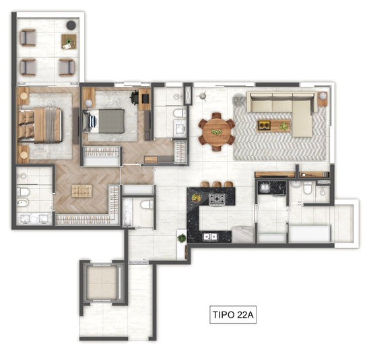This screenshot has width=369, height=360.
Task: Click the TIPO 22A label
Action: click(x=233, y=315)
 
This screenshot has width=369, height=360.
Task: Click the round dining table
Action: click(x=217, y=132)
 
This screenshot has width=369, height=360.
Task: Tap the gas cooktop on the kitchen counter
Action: click(x=217, y=199)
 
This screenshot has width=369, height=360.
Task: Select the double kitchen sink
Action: click(x=210, y=237)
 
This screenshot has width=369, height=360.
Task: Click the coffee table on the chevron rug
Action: click(x=273, y=125)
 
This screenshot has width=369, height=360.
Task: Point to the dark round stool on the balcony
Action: click(x=71, y=26)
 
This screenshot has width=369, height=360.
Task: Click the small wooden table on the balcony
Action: click(x=69, y=42)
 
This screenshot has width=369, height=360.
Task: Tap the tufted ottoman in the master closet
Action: click(x=82, y=191)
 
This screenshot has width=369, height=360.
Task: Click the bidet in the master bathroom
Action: click(x=23, y=202)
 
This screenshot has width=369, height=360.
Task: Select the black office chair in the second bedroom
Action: click(x=135, y=97)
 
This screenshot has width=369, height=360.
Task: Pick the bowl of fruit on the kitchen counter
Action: click(x=196, y=198)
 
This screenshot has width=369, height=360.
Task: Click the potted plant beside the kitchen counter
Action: click(x=181, y=238)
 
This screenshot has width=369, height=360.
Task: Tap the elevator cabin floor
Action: click(x=102, y=283)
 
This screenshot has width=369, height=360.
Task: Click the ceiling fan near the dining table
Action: click(x=202, y=96)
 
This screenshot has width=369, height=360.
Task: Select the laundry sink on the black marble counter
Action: click(x=265, y=188)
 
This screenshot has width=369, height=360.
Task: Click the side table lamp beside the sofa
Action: click(x=323, y=96)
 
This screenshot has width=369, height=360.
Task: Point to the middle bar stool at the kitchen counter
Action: click(x=217, y=184)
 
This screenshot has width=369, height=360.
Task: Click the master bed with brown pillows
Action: click(x=40, y=125)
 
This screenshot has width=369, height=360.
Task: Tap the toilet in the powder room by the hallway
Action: click(x=147, y=205)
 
